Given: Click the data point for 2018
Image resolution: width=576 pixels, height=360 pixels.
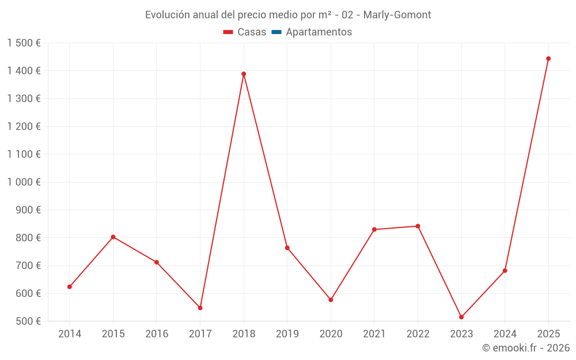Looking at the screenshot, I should click(x=244, y=74).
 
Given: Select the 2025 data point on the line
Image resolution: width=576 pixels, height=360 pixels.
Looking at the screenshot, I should click(x=548, y=59).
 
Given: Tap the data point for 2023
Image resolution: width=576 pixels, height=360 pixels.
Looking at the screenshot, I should click(x=461, y=317).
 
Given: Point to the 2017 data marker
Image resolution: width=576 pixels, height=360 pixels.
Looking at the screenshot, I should click(x=200, y=308).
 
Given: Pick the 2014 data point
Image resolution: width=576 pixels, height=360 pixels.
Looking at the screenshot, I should click(x=70, y=286).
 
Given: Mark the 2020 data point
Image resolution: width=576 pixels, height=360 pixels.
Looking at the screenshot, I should click(x=331, y=300).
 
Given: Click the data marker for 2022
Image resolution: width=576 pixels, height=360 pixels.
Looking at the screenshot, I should click(x=418, y=226).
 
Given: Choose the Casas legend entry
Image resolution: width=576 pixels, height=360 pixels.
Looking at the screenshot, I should click(x=252, y=32).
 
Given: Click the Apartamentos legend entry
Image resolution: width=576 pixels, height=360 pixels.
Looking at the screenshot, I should click(x=319, y=32).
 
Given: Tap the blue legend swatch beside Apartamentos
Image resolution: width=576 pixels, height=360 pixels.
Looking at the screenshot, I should click(x=276, y=32).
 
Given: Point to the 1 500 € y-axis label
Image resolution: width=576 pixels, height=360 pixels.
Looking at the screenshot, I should click(x=24, y=43).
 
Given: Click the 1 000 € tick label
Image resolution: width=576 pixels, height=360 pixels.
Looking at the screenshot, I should click(x=24, y=182).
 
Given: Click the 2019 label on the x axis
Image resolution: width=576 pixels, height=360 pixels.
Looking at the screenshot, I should click(x=287, y=334).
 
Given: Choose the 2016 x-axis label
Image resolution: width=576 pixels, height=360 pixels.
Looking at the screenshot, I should click(x=157, y=334).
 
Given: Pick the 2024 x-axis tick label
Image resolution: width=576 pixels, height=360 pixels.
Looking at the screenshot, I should click(x=505, y=334).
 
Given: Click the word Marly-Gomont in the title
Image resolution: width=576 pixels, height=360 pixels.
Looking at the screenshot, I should click(x=397, y=15).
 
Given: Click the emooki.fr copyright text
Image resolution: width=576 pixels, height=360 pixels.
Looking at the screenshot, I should click(x=526, y=348).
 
